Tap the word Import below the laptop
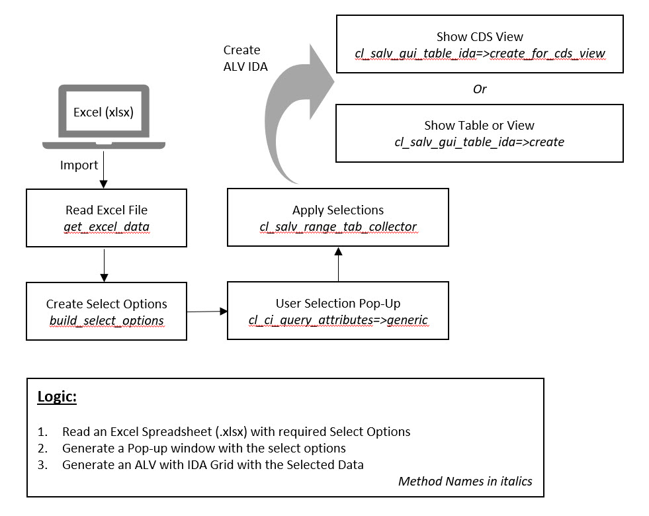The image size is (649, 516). point(79,165)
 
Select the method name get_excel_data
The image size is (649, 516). point(106,227)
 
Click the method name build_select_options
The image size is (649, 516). point(107,321)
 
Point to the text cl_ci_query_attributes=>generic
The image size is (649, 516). point(337,320)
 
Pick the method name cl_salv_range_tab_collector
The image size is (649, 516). point(337,227)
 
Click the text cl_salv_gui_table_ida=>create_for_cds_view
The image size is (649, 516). point(480,52)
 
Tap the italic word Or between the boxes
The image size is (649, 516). point(480,89)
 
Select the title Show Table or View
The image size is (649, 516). point(479,125)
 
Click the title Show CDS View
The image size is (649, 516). point(480,37)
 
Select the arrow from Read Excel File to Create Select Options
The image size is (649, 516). point(103,268)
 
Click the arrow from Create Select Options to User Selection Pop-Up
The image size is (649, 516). point(206,311)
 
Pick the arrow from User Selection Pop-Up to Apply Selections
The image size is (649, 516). point(338,265)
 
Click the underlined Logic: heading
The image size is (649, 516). point(57,398)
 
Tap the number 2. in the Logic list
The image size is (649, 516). point(42,449)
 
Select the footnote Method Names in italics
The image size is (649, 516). point(464,481)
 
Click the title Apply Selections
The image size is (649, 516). point(337,210)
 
